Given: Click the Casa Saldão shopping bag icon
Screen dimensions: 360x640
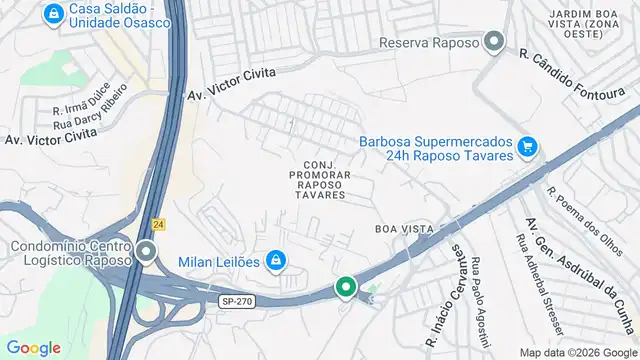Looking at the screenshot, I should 53,14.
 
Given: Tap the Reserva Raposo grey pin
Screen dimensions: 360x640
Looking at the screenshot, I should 493,43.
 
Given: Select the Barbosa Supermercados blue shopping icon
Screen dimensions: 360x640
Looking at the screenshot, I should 528,149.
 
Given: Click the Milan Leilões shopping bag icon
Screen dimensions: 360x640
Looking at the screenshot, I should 277,262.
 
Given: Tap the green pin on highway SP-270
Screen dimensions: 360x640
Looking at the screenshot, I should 345,288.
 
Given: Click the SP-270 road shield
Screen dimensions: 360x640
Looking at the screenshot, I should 232,299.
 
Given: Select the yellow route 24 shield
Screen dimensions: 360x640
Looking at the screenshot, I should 158,225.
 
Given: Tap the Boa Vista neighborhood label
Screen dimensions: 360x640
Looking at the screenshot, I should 404,229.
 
